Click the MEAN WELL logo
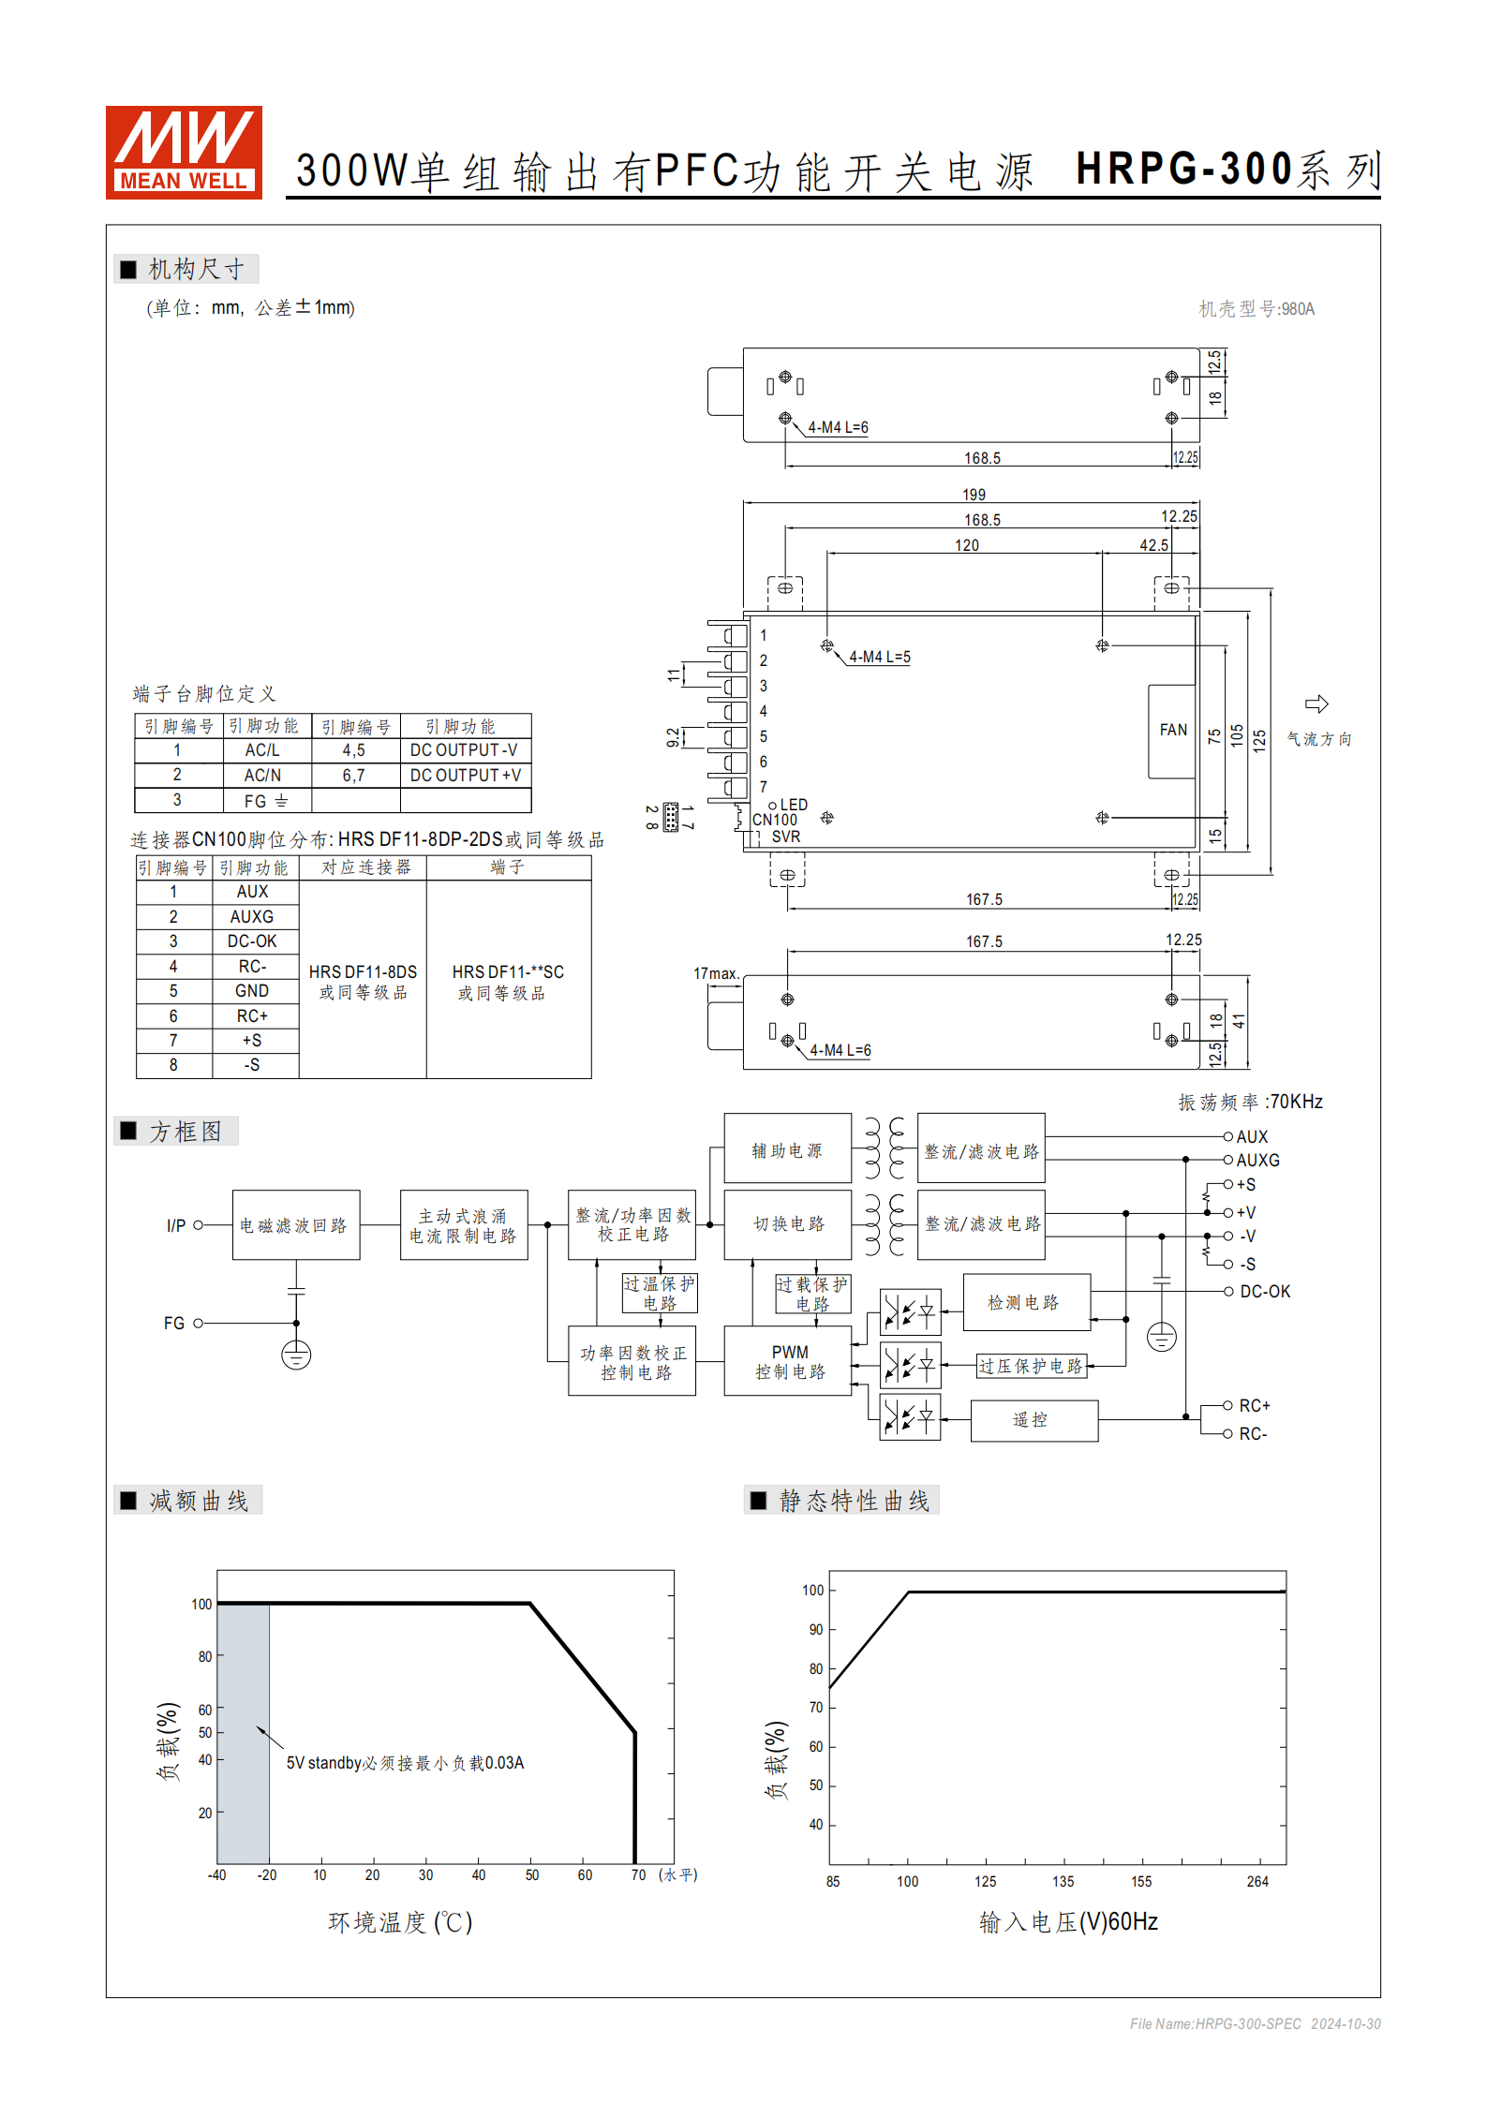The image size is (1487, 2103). (x=184, y=152)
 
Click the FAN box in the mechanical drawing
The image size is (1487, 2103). (x=1172, y=731)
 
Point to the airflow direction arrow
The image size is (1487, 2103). (x=1316, y=704)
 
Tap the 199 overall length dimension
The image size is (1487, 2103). (x=974, y=495)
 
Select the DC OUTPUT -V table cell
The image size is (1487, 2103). (x=465, y=750)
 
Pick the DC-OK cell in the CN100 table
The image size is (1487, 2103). (x=252, y=941)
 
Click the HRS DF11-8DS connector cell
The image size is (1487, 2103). (x=363, y=980)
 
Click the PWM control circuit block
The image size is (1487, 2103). (x=789, y=1362)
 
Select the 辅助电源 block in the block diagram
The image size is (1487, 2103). (x=787, y=1150)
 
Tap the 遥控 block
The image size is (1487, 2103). (x=1033, y=1420)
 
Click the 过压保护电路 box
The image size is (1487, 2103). (x=1031, y=1366)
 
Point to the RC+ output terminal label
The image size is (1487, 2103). (x=1254, y=1406)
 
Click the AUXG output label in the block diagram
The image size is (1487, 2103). (x=1257, y=1161)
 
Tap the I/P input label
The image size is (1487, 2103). (x=176, y=1225)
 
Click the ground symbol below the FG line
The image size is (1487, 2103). (x=296, y=1355)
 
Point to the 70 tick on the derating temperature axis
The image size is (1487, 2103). (x=638, y=1875)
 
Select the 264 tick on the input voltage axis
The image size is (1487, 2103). (x=1257, y=1882)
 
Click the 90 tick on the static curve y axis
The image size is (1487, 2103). (x=816, y=1630)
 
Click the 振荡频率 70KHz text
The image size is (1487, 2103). (x=1250, y=1103)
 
